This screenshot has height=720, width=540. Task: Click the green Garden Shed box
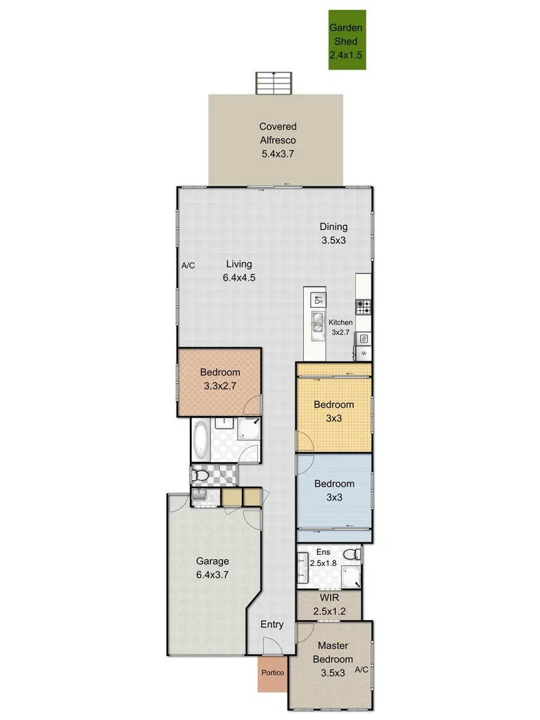[347, 40]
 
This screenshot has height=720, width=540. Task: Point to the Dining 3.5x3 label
[333, 233]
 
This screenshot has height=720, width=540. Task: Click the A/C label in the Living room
[188, 266]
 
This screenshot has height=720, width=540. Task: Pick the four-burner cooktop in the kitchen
[364, 307]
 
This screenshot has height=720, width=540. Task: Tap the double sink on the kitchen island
[317, 326]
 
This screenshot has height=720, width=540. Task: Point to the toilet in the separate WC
[201, 477]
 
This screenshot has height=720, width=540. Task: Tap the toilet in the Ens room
[356, 554]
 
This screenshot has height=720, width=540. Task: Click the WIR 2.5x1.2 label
[328, 605]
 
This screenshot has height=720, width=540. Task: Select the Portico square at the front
[272, 674]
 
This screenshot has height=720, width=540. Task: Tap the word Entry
[272, 624]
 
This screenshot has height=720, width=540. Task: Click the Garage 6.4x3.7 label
[212, 567]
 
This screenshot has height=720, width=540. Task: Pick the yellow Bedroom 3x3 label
[333, 411]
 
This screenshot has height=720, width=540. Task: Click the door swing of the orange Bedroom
[253, 404]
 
